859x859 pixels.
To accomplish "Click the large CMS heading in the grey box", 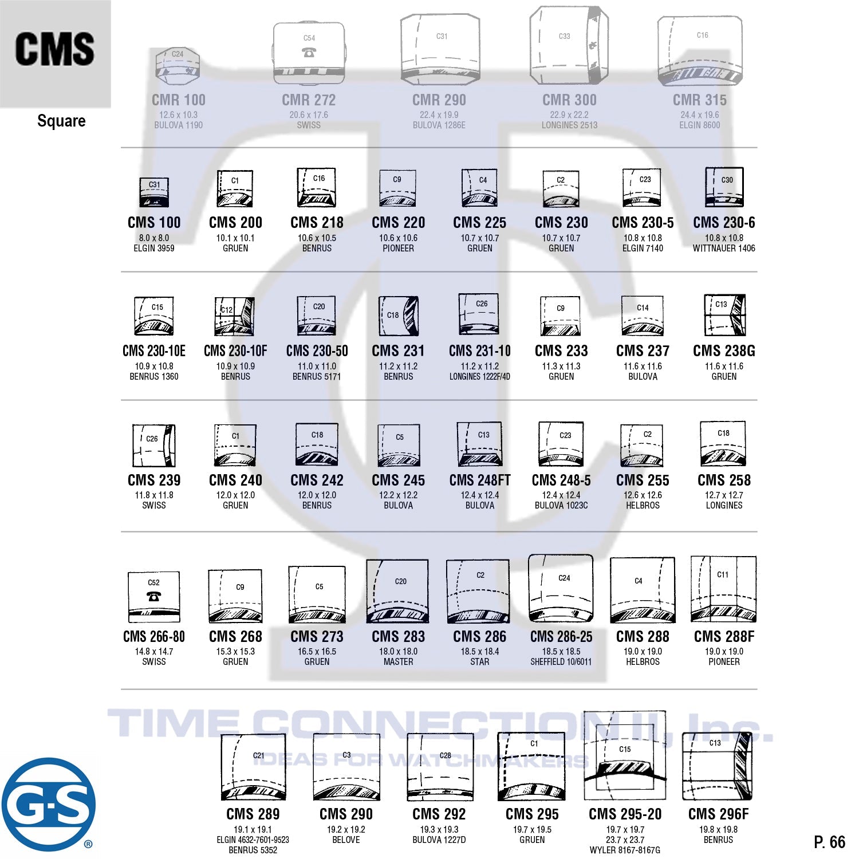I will pyautogui.click(x=55, y=49).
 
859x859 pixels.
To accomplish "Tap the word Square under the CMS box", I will pyautogui.click(x=61, y=121).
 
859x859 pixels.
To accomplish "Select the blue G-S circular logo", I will pyautogui.click(x=48, y=804).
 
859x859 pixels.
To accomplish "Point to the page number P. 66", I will pyautogui.click(x=829, y=842).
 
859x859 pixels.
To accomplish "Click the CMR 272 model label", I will pyautogui.click(x=309, y=100).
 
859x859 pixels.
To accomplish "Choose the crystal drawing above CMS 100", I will pyautogui.click(x=154, y=192).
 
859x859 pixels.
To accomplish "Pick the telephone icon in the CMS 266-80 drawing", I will pyautogui.click(x=153, y=596).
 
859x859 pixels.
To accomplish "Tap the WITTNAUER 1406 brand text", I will pyautogui.click(x=724, y=249).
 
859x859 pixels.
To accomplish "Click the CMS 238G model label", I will pyautogui.click(x=724, y=351).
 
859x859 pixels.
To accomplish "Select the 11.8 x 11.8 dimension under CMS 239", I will pyautogui.click(x=154, y=495).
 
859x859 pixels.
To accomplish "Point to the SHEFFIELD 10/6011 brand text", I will pyautogui.click(x=561, y=662).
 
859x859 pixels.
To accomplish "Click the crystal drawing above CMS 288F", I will pyautogui.click(x=723, y=589).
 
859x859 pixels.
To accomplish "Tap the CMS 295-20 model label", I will pyautogui.click(x=625, y=814).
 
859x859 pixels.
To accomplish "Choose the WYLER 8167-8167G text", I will pyautogui.click(x=625, y=850).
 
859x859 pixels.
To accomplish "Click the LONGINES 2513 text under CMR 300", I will pyautogui.click(x=569, y=125).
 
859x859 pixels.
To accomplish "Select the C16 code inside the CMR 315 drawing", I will pyautogui.click(x=703, y=36).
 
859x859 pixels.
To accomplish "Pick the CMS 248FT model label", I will pyautogui.click(x=480, y=480).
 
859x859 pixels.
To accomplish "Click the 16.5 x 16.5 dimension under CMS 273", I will pyautogui.click(x=317, y=652).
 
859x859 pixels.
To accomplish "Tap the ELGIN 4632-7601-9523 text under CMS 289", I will pyautogui.click(x=253, y=840).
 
